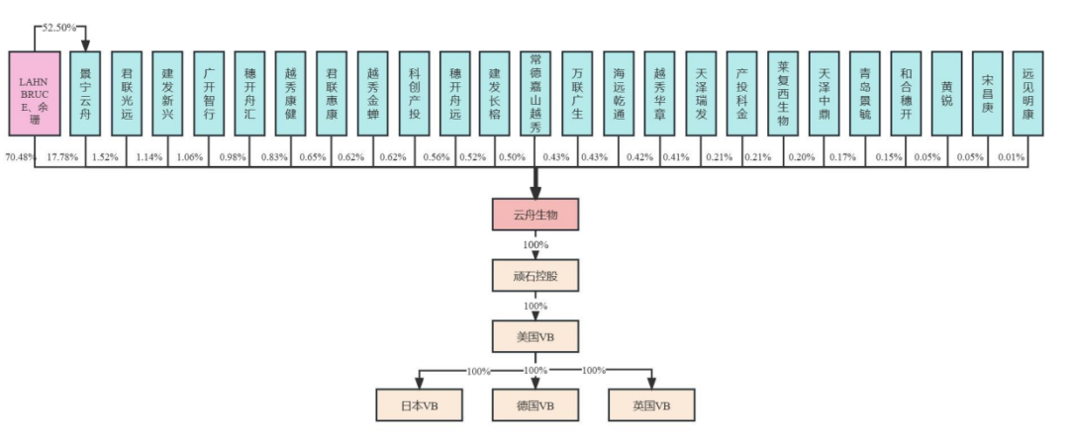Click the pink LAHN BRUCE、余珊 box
pyautogui.click(x=36, y=100)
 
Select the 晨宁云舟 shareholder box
pyautogui.click(x=85, y=100)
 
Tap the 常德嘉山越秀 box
pyautogui.click(x=535, y=100)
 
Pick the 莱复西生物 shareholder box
pyautogui.click(x=783, y=100)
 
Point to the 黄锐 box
pyautogui.click(x=947, y=100)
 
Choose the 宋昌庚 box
pyautogui.click(x=988, y=100)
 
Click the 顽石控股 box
pyautogui.click(x=534, y=276)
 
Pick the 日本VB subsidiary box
pyautogui.click(x=419, y=405)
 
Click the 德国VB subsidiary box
pyautogui.click(x=534, y=405)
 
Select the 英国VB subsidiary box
pyautogui.click(x=651, y=405)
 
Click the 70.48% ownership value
pyautogui.click(x=21, y=157)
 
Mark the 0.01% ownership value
pyautogui.click(x=1012, y=157)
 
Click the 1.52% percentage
pyautogui.click(x=105, y=157)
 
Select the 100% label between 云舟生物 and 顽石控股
pyautogui.click(x=534, y=245)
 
